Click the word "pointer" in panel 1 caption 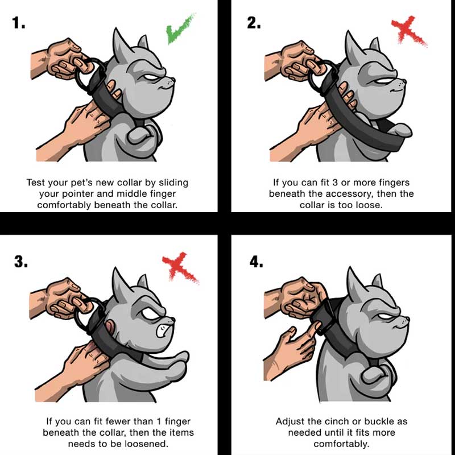pos(74,194)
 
